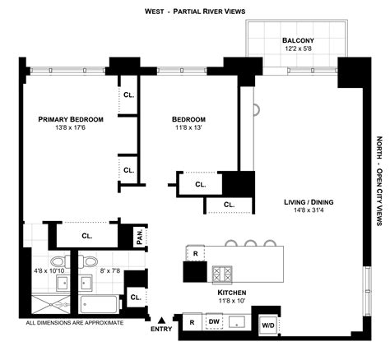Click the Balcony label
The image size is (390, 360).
(x=298, y=40)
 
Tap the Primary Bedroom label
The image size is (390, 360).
(x=71, y=119)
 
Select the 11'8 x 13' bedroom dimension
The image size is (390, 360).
(x=188, y=127)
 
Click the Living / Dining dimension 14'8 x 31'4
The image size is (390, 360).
(x=309, y=210)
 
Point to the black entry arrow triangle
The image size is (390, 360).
(x=162, y=320)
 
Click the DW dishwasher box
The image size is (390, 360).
(x=214, y=321)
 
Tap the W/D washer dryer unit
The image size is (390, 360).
(x=268, y=325)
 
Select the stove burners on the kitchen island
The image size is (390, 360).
(x=222, y=275)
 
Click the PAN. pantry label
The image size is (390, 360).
(x=140, y=237)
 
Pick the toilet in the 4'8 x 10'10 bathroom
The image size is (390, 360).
(x=61, y=262)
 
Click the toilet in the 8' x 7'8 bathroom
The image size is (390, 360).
(x=88, y=261)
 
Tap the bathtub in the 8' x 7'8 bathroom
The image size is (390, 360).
(x=100, y=304)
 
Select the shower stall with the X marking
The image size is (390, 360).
(x=51, y=304)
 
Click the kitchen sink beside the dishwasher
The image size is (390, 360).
(x=238, y=322)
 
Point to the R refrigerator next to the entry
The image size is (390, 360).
(x=193, y=322)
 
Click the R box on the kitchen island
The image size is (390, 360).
(x=195, y=253)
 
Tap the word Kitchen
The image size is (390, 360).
(x=232, y=293)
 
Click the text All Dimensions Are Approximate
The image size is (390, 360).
(x=75, y=323)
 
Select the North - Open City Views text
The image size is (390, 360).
(x=379, y=181)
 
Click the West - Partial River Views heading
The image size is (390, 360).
(x=195, y=12)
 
